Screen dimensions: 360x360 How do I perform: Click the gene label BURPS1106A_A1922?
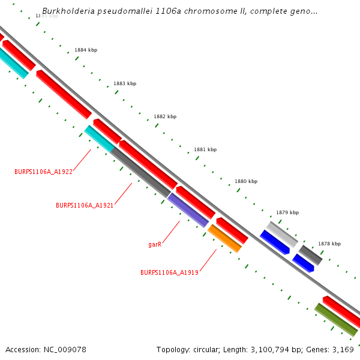[x=43, y=172]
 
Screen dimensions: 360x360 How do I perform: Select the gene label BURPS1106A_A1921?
[x=85, y=205]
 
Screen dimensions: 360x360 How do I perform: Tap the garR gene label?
[x=155, y=245]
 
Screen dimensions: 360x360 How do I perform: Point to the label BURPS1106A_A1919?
[x=169, y=272]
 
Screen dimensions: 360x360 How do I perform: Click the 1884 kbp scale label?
[x=86, y=50]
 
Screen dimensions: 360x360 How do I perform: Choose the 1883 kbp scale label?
[x=125, y=83]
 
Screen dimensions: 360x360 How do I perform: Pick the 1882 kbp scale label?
[x=165, y=116]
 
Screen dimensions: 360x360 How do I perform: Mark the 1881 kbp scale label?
[x=205, y=149]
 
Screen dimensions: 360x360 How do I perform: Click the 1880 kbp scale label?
[x=246, y=181]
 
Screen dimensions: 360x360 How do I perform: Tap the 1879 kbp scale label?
[x=287, y=212]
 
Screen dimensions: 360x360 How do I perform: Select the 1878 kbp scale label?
[x=329, y=244]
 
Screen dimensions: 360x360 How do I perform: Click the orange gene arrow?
[x=225, y=238]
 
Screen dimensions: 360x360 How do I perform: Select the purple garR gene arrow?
[x=188, y=210]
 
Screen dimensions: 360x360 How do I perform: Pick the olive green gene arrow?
[x=336, y=319]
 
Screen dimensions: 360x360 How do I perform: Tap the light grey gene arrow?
[x=282, y=233]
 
